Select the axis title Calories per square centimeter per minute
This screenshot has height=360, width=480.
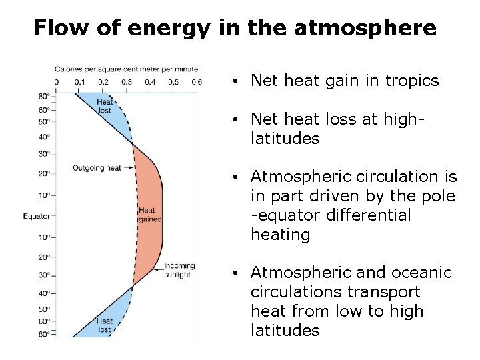(x=126, y=69)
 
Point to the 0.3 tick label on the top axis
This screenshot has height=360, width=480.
(x=126, y=82)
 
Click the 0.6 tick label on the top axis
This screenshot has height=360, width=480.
(x=196, y=82)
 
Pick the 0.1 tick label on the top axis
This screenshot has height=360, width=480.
(x=79, y=82)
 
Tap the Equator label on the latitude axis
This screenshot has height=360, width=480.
(x=36, y=216)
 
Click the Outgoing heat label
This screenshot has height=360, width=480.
(x=97, y=168)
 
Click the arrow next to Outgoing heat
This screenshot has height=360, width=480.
(x=127, y=168)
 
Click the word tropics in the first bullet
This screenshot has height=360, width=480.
(x=414, y=81)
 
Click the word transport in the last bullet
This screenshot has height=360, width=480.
(x=389, y=292)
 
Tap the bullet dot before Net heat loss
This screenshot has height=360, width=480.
(x=237, y=120)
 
